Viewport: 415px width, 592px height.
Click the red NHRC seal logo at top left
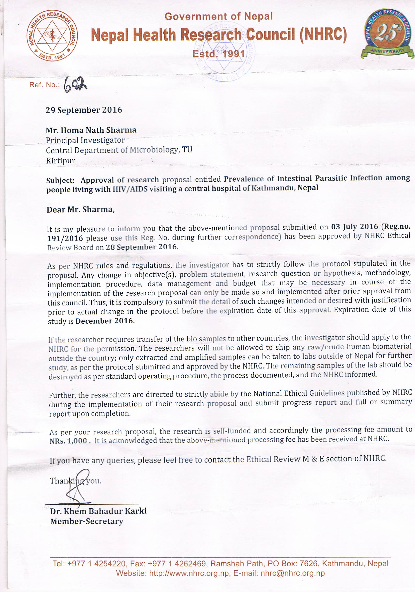52,36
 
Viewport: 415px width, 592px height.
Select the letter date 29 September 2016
84,110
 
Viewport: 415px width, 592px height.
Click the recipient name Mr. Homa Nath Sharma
91,130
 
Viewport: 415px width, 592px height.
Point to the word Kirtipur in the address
60,161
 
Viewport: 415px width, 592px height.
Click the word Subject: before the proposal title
60,180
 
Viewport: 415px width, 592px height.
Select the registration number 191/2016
65,238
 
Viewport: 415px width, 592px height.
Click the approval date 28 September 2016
141,247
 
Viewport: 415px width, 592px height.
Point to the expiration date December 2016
105,321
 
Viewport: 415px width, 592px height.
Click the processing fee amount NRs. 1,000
68,441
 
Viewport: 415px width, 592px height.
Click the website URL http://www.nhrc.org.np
189,573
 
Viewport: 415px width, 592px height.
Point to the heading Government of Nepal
219,17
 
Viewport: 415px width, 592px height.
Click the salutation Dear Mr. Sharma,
80,209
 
